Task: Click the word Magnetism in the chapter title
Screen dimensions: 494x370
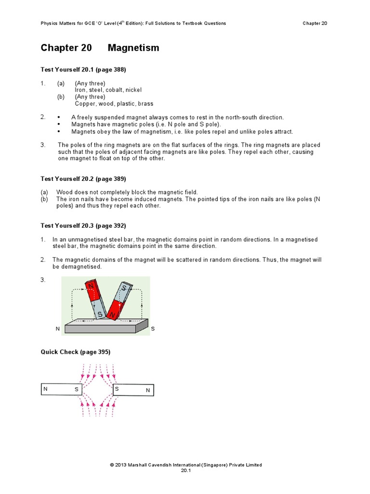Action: coord(133,48)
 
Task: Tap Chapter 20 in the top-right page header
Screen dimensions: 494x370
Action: coord(315,23)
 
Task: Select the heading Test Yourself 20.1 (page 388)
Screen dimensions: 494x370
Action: coord(83,70)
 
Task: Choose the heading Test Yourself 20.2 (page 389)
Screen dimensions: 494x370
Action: coord(83,179)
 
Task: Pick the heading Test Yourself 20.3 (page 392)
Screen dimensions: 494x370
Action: coord(83,226)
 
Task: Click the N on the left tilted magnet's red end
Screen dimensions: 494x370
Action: coord(90,287)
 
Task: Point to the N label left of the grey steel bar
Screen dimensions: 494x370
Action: coord(57,329)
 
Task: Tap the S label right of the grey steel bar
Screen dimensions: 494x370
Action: coord(153,329)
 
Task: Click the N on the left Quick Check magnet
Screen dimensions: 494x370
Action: coord(45,388)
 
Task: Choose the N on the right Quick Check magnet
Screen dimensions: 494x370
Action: coord(148,390)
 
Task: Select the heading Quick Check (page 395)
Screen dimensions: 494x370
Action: coord(76,352)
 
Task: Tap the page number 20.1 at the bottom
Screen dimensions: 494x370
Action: coord(185,471)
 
